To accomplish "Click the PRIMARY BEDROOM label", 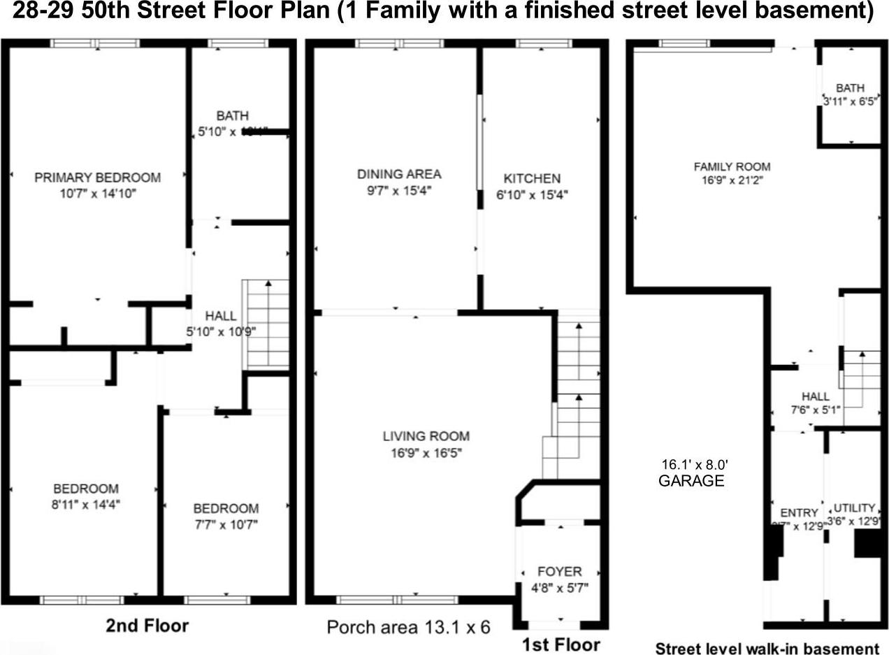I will pos(97,178).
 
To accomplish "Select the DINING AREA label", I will pos(399,174).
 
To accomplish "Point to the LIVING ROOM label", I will pos(426,436).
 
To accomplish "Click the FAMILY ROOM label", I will pos(732,166).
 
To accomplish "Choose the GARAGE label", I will pos(691,481).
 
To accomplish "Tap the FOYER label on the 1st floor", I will pos(559,571).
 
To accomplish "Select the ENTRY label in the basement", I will pos(798,513).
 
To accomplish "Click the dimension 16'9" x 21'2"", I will pos(732,180).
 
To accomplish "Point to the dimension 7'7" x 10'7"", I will pos(226,524).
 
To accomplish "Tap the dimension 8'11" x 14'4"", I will pos(85,503).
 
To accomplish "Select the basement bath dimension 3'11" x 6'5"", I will pos(850,100).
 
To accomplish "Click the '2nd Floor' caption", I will pos(147,625).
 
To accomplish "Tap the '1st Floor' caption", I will pos(561,643).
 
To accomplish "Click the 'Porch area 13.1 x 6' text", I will pos(408,627).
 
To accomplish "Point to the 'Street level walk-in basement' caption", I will pos(767,648).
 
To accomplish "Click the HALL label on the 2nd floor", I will pos(220,317).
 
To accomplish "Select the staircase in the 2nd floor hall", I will pos(266,323).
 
